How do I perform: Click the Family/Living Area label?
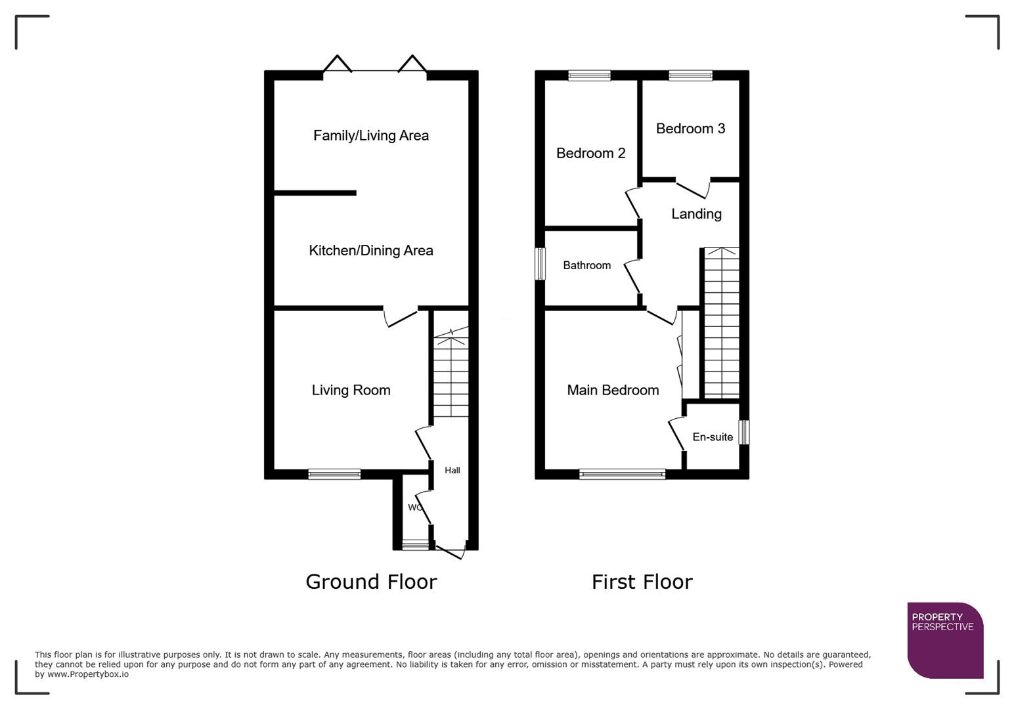[x=370, y=135]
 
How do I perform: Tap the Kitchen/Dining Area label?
[x=370, y=250]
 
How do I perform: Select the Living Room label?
[x=351, y=390]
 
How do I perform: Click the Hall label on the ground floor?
[x=452, y=470]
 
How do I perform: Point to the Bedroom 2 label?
[x=590, y=153]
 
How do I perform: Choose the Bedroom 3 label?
[x=690, y=129]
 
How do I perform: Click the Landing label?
[x=696, y=214]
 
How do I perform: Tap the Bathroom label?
[x=586, y=265]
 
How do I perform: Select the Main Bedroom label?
[x=613, y=390]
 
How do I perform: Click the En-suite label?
[x=713, y=437]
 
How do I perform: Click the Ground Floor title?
[x=371, y=582]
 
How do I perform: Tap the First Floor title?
[x=642, y=582]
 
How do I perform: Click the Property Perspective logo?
[x=944, y=640]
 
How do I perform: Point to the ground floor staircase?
[x=451, y=374]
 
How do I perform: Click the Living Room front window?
[x=334, y=474]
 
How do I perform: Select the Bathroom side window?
[x=540, y=264]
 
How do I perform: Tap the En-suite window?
[x=743, y=433]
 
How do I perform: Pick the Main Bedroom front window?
[x=622, y=474]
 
